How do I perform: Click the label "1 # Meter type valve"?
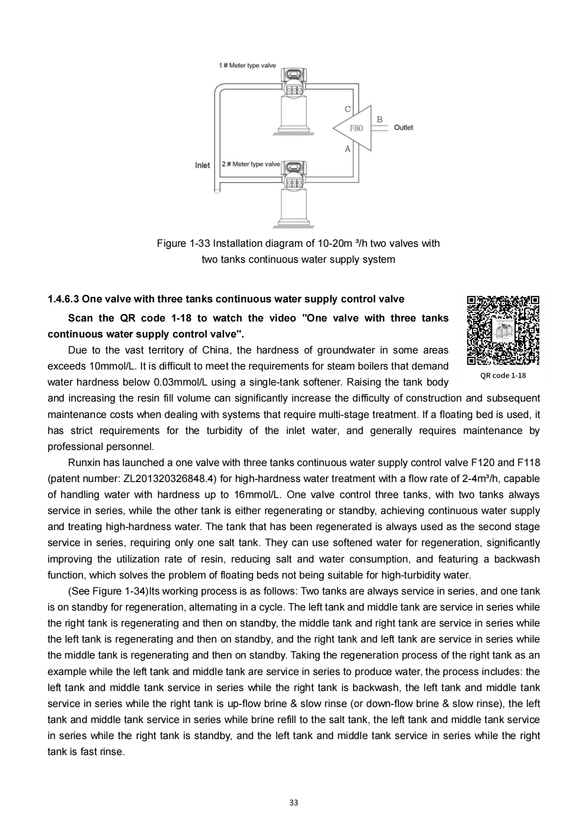pos(247,65)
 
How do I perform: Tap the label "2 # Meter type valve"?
pos(251,164)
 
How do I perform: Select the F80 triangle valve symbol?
pos(355,128)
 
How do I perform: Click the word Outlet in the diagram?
pos(403,128)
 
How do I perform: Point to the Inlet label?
pos(202,165)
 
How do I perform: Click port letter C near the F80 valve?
pos(348,109)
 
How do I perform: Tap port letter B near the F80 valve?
pos(380,119)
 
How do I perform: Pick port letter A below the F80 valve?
pos(348,149)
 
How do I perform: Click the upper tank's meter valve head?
pos(294,75)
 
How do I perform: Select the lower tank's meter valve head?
pos(294,168)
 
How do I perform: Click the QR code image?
pos(503,330)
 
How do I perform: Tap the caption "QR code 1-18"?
pos(503,376)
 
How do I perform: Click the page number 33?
pos(293,803)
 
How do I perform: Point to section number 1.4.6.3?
pos(63,299)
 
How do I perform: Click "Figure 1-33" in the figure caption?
pos(184,244)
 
